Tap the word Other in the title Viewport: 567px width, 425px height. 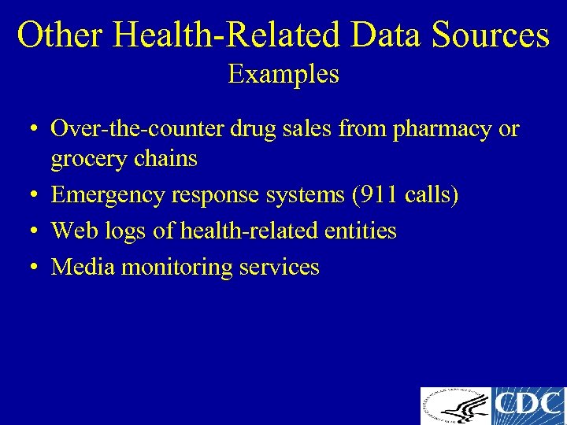pos(61,35)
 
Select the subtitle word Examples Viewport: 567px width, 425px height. pos(283,75)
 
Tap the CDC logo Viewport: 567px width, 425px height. pos(528,406)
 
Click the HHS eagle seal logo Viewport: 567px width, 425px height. pos(455,406)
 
